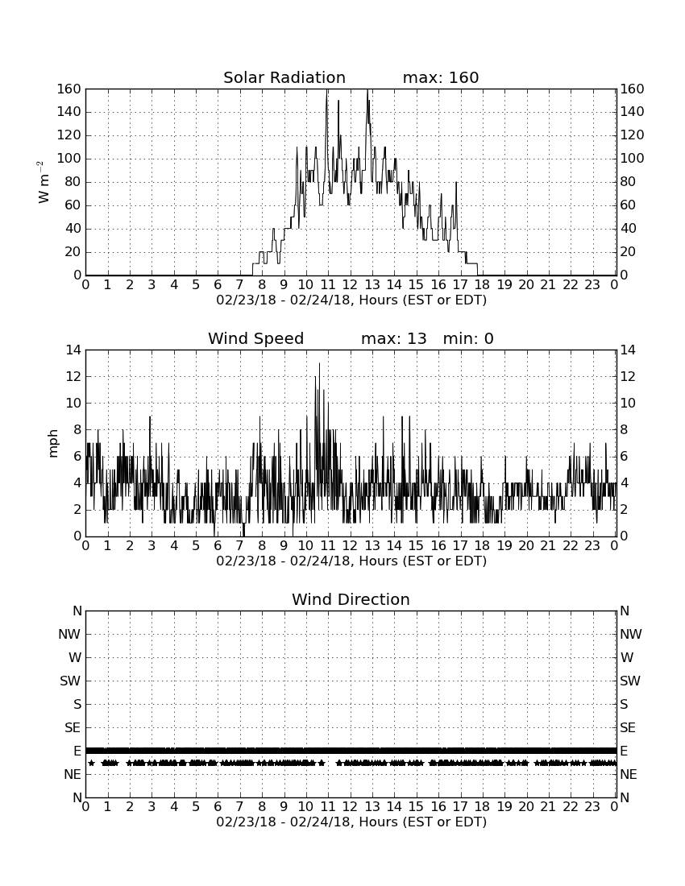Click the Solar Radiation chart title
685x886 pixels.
tap(284, 77)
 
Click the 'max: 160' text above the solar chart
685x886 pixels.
tap(441, 77)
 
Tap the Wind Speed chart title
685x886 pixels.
tap(256, 338)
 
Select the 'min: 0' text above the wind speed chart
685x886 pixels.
tap(468, 338)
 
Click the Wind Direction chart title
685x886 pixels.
tap(351, 599)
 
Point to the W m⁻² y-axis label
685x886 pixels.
tap(43, 182)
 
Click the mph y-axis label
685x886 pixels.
tap(53, 444)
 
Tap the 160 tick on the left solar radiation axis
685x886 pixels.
tap(69, 89)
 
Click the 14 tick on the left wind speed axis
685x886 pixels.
tap(73, 350)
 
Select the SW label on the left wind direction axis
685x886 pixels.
tap(70, 681)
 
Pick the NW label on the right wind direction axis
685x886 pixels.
tap(631, 634)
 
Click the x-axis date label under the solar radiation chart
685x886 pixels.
tap(351, 300)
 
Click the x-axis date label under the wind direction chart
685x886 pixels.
tap(351, 822)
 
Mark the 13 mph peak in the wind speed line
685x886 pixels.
tap(319, 364)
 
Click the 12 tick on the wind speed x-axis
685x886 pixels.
tap(350, 546)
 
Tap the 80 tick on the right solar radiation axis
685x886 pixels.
tap(628, 182)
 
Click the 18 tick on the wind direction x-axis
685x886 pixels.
tap(482, 807)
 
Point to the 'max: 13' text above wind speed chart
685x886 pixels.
tap(394, 338)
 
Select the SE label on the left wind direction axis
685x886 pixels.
tap(73, 728)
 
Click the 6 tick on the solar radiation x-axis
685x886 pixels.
tap(218, 285)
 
